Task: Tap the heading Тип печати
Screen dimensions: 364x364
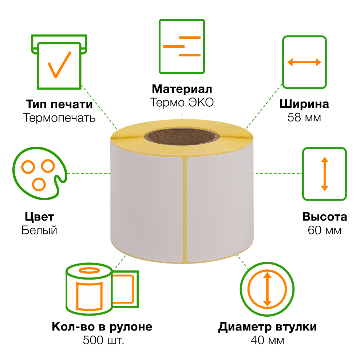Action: coord(59,104)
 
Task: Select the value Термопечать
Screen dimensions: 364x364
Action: coord(59,118)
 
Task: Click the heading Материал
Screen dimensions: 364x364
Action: coord(182,89)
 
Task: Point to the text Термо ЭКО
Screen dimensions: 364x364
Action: coord(182,102)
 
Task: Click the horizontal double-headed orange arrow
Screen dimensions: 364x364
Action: coord(304,62)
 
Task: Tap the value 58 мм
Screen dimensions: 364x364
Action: coord(304,118)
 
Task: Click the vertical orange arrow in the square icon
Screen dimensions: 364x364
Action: coord(325,174)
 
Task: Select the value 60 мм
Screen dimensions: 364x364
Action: coord(325,230)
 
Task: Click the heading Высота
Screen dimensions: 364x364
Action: coord(325,217)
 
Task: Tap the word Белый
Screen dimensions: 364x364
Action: coord(39,230)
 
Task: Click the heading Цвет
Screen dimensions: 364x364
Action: coord(39,217)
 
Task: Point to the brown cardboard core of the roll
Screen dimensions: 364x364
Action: coord(182,137)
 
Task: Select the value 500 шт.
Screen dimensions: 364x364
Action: coord(103,340)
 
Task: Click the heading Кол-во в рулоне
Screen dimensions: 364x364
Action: coord(102,327)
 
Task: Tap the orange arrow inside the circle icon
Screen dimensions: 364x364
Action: coord(267,289)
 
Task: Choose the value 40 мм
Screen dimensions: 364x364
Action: coord(268,340)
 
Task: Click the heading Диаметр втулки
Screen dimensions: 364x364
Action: coord(268,327)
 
